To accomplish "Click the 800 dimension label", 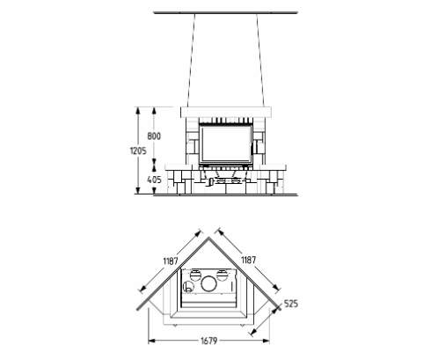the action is tap(154, 136).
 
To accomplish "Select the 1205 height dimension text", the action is tap(138, 151).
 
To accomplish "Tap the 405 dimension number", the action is tap(154, 180).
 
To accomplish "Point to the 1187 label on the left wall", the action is tap(171, 261).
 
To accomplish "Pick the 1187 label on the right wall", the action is tap(248, 260).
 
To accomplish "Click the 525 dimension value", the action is tap(291, 304).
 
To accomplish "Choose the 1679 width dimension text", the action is tap(209, 341).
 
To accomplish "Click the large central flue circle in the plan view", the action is tap(209, 283).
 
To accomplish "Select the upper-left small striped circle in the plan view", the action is tap(194, 275).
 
